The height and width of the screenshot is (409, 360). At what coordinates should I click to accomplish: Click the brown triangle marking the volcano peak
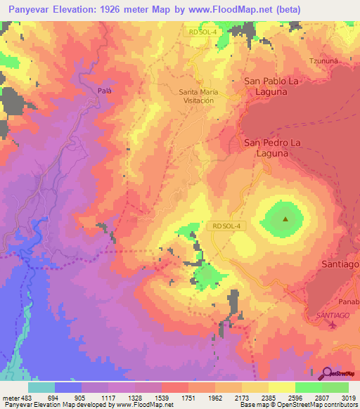coord(285,219)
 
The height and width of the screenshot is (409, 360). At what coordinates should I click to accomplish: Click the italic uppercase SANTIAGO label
coord(333,318)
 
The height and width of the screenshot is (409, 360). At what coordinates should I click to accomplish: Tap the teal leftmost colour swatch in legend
coord(41,387)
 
